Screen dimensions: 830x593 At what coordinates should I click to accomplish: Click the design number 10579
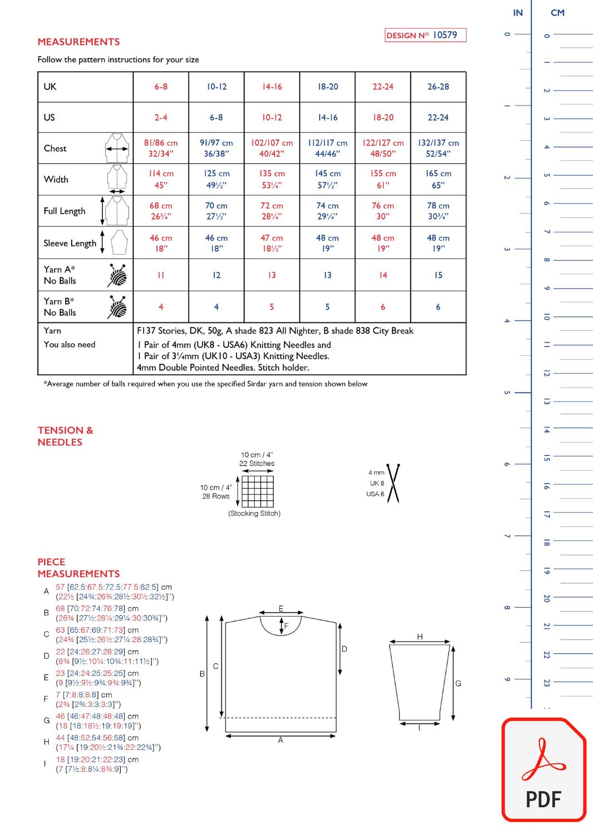tap(444, 35)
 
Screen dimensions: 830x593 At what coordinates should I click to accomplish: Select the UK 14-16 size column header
tap(272, 87)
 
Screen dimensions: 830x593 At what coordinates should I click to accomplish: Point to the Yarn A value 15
tap(438, 275)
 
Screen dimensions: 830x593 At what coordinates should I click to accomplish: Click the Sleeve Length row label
tap(70, 243)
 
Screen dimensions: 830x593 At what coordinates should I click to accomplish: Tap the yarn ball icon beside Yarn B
tap(117, 306)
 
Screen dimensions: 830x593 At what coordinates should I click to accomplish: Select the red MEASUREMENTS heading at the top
tap(78, 42)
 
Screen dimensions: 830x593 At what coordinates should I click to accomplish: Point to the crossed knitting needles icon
tap(393, 483)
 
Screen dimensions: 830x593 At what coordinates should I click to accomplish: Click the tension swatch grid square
tap(258, 491)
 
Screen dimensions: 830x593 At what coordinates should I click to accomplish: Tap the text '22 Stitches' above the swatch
tap(257, 464)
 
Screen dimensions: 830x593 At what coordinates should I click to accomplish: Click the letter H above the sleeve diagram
tap(419, 637)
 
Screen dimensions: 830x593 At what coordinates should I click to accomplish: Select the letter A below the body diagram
tap(280, 740)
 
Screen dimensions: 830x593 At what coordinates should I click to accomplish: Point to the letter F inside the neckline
tap(286, 625)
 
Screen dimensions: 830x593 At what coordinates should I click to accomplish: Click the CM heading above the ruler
tap(557, 13)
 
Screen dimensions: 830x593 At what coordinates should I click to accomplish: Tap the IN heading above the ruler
tap(518, 13)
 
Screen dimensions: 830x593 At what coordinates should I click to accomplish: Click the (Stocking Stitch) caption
tap(254, 514)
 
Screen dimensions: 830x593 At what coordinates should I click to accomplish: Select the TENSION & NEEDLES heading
tap(65, 436)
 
